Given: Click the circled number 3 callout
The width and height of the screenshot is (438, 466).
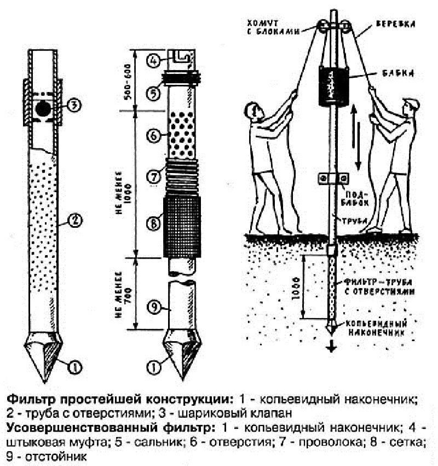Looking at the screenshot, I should tap(74, 105).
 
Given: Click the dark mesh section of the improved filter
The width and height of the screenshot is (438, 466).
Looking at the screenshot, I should tap(183, 225).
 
